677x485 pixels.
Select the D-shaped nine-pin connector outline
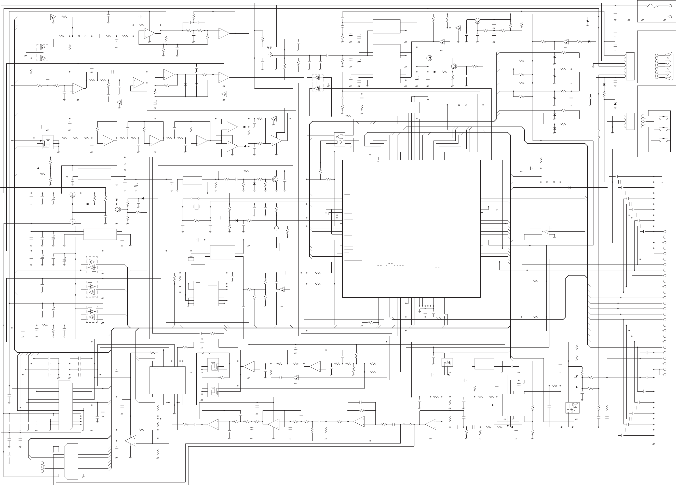tap(665, 66)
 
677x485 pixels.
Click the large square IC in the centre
tap(411, 229)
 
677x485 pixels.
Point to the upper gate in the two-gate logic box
tap(340, 137)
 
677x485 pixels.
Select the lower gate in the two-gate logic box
tap(340, 143)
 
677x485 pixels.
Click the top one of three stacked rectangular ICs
tap(386, 26)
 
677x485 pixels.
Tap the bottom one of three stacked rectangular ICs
tap(386, 76)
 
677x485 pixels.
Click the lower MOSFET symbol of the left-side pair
tap(73, 222)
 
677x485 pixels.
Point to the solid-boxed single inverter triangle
tap(545, 232)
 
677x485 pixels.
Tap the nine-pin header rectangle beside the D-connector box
tap(630, 66)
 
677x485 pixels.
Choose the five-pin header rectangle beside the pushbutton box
tap(630, 121)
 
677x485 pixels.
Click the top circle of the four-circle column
tap(42, 463)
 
